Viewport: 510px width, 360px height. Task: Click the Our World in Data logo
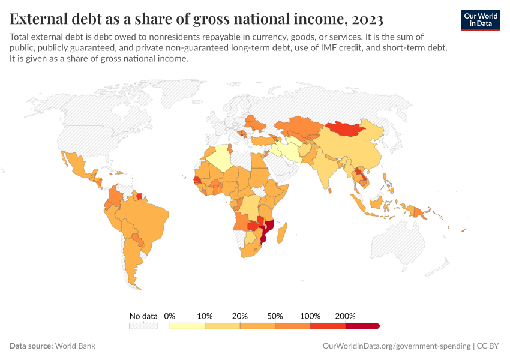pos(480,20)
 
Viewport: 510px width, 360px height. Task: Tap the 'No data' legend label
pos(143,316)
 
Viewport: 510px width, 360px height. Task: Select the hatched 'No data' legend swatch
pos(143,326)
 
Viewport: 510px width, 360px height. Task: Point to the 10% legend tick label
pos(205,316)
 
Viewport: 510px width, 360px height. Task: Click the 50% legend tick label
pos(275,316)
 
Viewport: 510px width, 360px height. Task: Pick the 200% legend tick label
pos(346,316)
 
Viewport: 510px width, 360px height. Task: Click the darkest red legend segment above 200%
pos(362,326)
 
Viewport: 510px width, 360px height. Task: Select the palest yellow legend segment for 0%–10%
pos(188,326)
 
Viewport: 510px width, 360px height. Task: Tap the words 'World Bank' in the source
pos(75,346)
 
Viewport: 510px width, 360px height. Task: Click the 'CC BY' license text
pos(488,346)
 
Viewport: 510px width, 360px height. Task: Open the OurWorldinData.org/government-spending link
pos(396,346)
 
